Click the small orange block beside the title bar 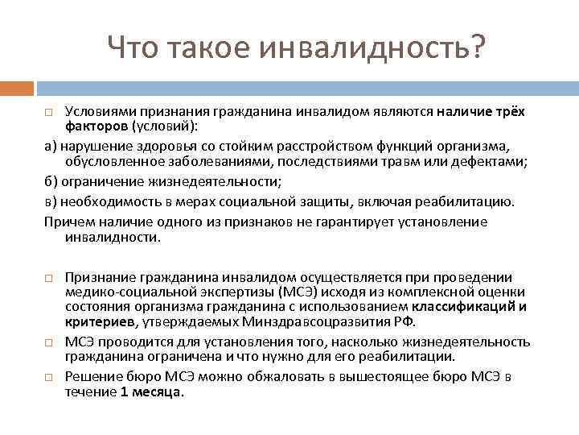[16, 87]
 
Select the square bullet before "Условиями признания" [49, 111]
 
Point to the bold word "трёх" [509, 111]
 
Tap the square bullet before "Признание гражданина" [49, 277]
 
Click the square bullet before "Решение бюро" [49, 377]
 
